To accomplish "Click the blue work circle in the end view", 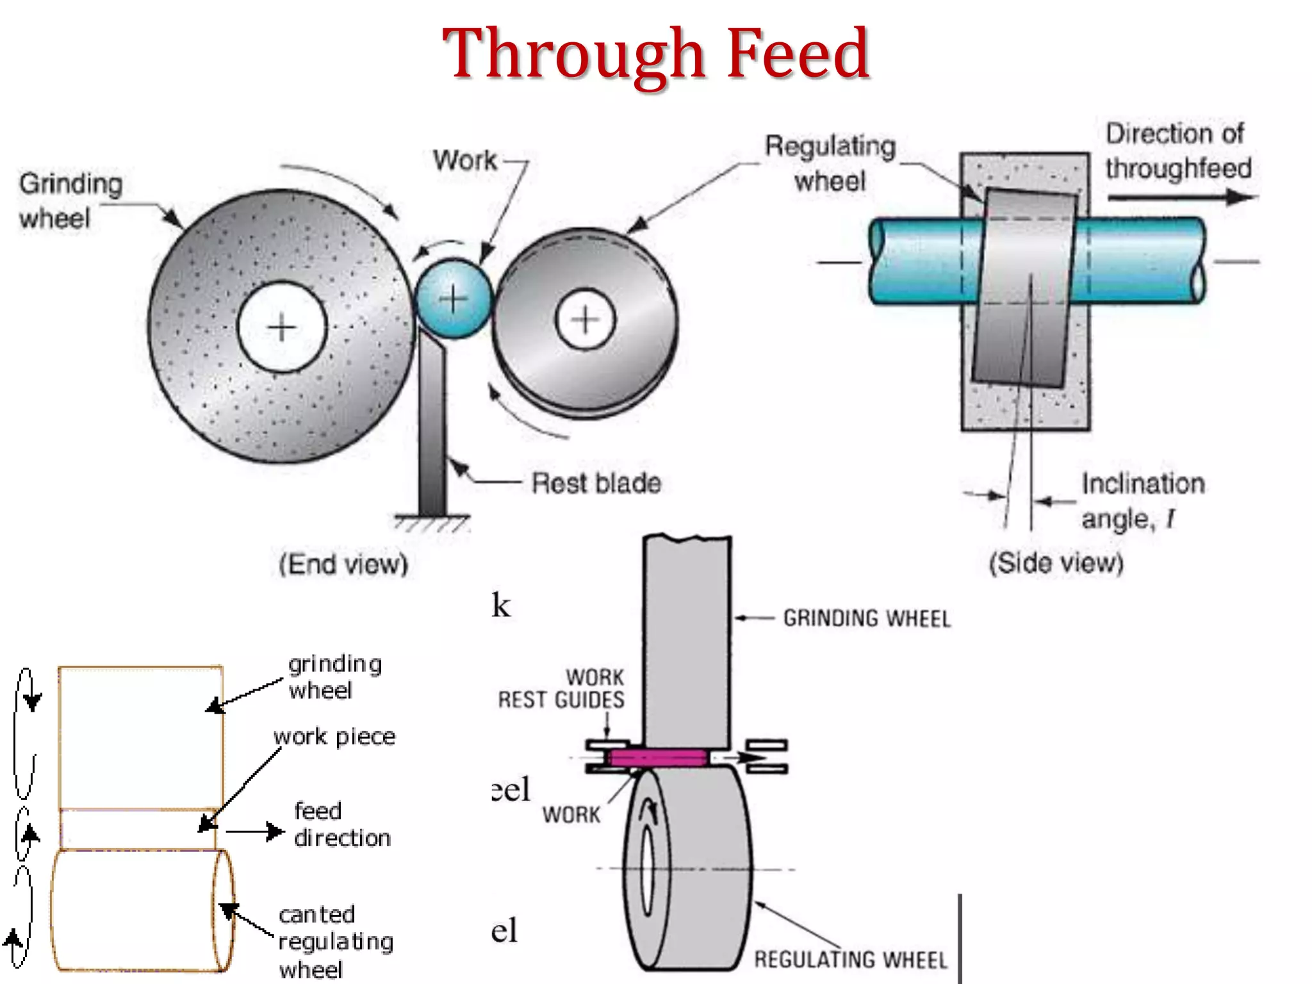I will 454,299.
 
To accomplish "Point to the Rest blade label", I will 596,483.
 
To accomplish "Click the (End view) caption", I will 343,564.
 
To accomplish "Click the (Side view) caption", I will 1056,563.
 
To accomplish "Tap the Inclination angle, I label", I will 1143,501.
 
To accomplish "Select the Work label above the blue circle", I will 464,160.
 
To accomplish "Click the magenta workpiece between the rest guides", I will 659,758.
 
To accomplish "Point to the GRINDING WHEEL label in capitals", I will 867,619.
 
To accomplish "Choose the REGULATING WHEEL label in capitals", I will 850,960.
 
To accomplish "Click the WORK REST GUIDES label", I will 562,689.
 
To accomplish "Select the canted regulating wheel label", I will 336,942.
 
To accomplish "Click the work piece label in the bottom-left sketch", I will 334,737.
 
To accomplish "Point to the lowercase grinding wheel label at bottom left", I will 334,677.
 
